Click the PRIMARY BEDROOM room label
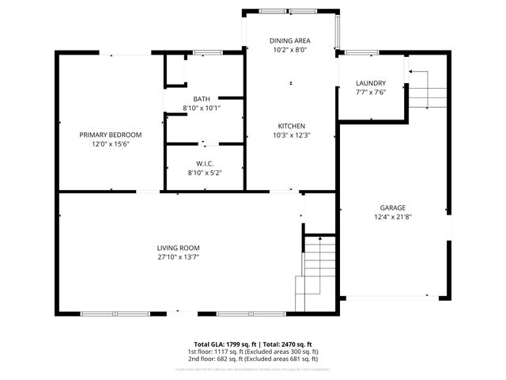point(110,135)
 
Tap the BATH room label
point(202,99)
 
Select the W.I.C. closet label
point(204,163)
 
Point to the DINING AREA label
point(290,40)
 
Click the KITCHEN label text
point(290,126)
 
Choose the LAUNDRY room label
point(370,83)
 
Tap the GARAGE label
point(391,208)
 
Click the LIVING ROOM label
point(178,248)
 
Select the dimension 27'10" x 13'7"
point(178,256)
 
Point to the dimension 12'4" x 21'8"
point(391,217)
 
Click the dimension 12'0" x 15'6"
point(110,143)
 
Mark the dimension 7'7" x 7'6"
point(370,92)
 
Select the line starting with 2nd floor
point(253,359)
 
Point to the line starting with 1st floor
point(253,351)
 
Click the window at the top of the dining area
point(291,11)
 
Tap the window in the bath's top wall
point(207,53)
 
